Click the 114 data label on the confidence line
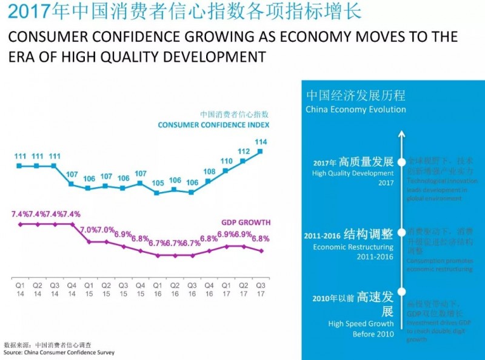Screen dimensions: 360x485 (261, 142)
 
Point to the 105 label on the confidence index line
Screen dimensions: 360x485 (158, 183)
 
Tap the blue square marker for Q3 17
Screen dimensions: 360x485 (261, 152)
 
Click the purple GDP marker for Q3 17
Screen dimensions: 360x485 (261, 251)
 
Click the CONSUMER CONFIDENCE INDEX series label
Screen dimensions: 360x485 (213, 125)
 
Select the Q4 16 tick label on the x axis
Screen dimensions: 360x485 (209, 288)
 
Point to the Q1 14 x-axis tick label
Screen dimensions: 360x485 (20, 288)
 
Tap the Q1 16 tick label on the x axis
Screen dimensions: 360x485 (158, 288)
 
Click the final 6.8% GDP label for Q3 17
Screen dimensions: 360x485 (260, 239)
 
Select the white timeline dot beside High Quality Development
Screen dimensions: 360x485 (401, 162)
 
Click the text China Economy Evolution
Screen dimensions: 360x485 (355, 110)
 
